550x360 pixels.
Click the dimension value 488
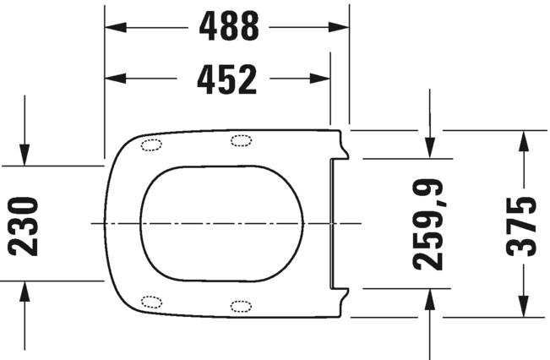[228, 27]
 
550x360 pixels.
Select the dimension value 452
[226, 79]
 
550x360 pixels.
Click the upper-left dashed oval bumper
[152, 144]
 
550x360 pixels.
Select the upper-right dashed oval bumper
[241, 140]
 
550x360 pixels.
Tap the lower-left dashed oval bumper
[152, 301]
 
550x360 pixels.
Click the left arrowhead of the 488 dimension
[113, 27]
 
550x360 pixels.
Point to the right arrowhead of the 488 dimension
[340, 27]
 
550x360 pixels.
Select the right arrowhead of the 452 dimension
[321, 79]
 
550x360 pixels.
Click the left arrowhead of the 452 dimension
[113, 79]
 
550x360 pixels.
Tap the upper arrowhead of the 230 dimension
[25, 157]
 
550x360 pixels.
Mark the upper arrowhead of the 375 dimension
[523, 139]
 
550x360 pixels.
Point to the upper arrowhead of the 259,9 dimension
[430, 150]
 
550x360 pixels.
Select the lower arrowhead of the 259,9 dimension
[430, 297]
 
